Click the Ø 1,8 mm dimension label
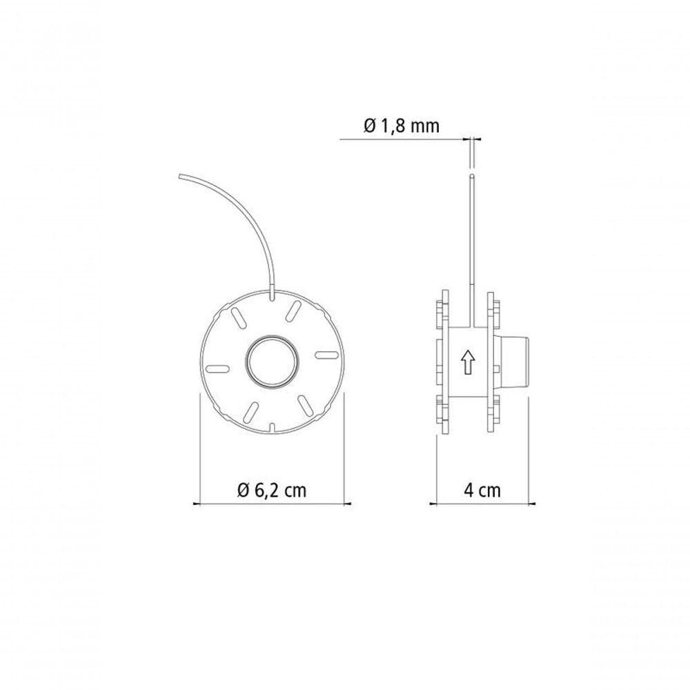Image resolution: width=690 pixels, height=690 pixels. click(402, 126)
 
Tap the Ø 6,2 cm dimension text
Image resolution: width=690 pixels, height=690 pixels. click(271, 490)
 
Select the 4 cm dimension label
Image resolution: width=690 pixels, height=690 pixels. click(482, 490)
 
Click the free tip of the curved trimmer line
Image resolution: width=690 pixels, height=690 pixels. click(180, 176)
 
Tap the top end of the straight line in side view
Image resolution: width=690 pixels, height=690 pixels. click(472, 177)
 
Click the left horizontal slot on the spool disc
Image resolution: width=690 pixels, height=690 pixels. click(217, 368)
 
